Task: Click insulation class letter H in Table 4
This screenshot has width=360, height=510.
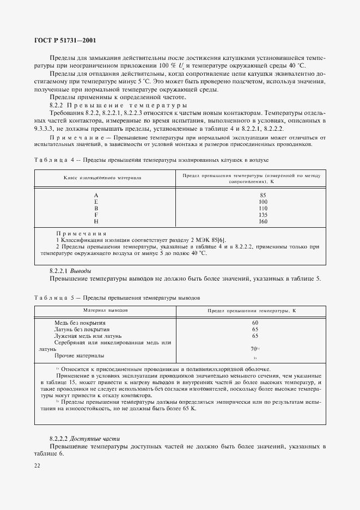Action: click(x=96, y=222)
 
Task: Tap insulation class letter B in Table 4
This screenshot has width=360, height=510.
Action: click(x=96, y=208)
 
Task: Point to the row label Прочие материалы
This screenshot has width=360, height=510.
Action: click(x=79, y=356)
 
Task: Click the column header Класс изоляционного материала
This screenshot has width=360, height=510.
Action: click(x=102, y=178)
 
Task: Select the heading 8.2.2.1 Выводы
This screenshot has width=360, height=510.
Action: click(x=70, y=271)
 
